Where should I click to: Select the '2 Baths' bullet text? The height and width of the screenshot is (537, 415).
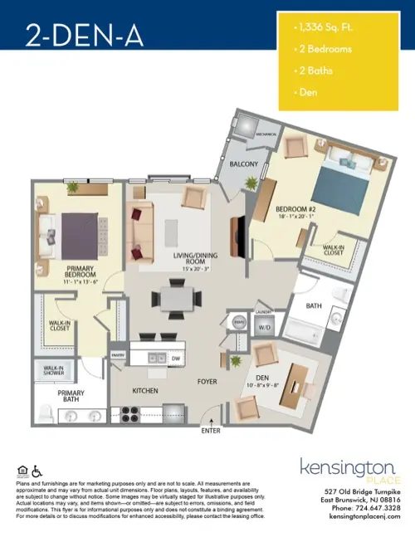click(x=316, y=71)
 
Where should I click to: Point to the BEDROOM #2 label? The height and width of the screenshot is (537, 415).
click(x=297, y=208)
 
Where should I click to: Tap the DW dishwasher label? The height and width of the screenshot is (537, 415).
click(x=176, y=359)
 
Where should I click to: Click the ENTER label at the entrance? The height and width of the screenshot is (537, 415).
click(x=212, y=432)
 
